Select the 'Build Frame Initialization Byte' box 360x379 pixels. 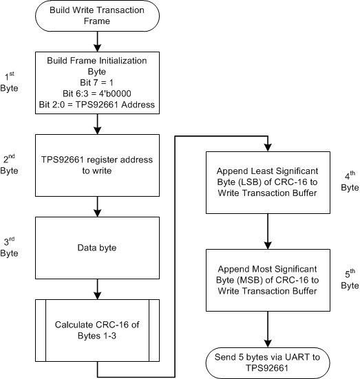[102, 83]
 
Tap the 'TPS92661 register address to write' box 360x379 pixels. [102, 164]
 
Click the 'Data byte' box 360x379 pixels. [102, 243]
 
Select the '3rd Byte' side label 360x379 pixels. [12, 246]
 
